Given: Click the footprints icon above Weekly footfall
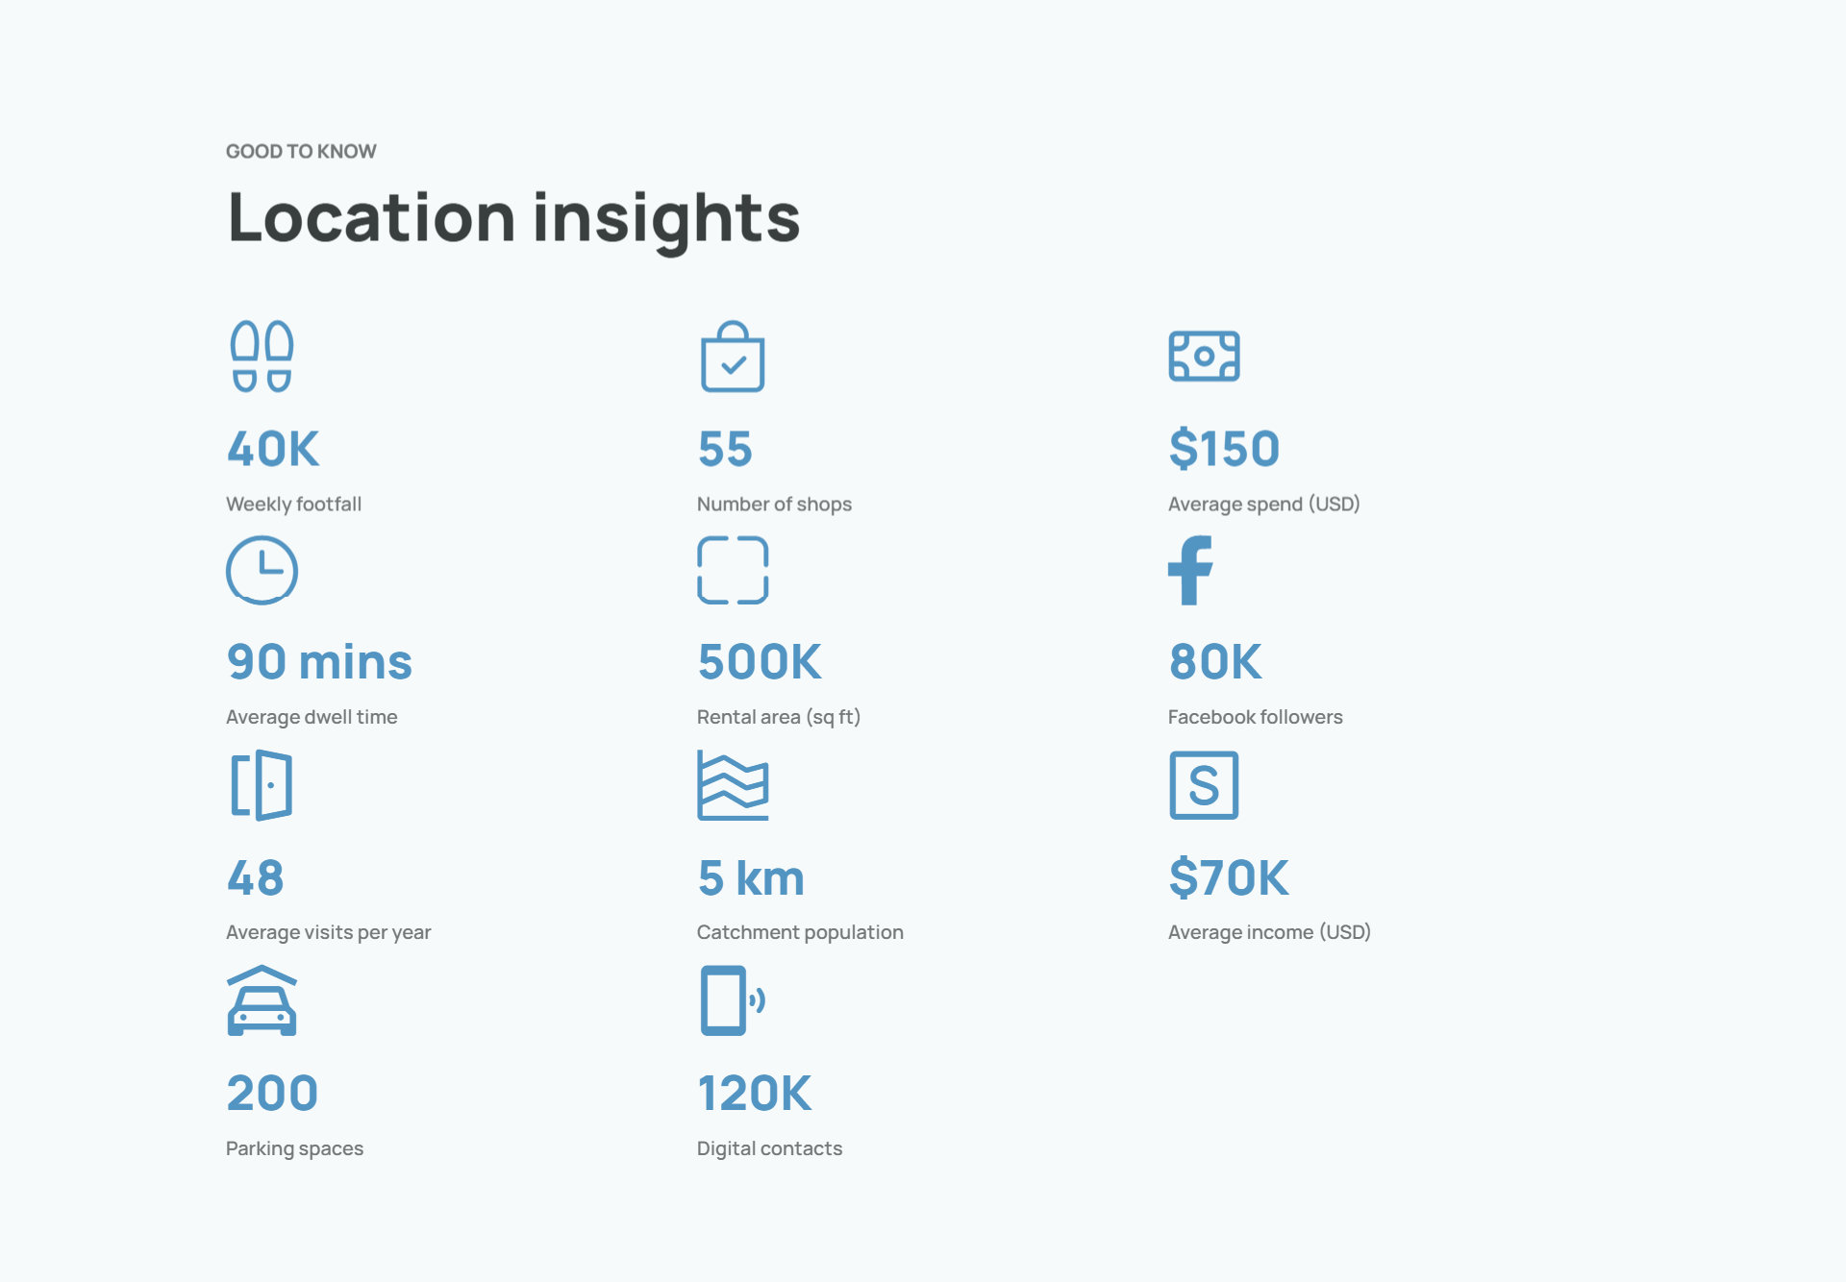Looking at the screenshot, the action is click(x=262, y=357).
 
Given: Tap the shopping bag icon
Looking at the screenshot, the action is click(x=733, y=357).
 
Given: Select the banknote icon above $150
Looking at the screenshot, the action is click(x=1204, y=357).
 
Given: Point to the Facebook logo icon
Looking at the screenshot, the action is click(x=1190, y=570).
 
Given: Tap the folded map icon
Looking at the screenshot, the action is click(x=733, y=785).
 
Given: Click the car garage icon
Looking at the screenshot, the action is click(x=262, y=1000).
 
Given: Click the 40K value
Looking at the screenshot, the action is click(x=273, y=449).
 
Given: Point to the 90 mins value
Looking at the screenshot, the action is click(x=319, y=662).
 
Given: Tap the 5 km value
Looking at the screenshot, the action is click(x=751, y=877).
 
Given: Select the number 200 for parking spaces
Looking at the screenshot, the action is click(x=272, y=1093).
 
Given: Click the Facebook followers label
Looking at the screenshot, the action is click(x=1255, y=717).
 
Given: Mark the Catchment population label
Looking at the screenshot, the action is click(x=800, y=932).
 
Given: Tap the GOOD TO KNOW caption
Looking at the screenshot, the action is click(x=301, y=151).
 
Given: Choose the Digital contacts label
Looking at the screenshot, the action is click(x=769, y=1148).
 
